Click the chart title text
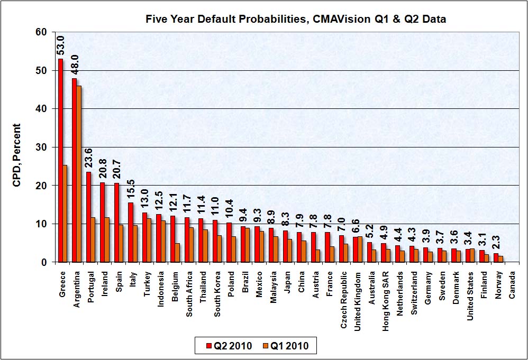(x=296, y=20)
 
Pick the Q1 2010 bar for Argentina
(x=79, y=174)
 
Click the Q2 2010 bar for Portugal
(x=88, y=217)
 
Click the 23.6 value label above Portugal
(x=89, y=158)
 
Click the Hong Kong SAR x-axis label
(x=386, y=295)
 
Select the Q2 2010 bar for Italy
(x=130, y=232)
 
